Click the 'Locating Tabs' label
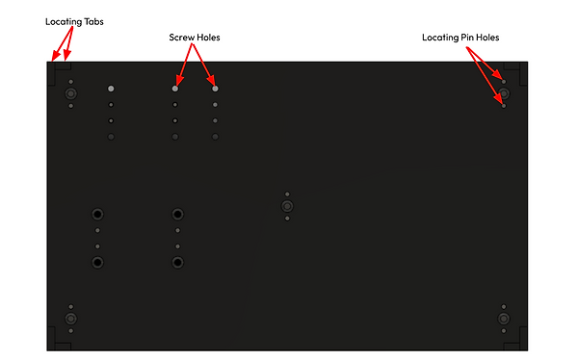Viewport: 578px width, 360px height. coord(74,19)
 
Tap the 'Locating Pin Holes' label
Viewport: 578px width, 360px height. coord(460,38)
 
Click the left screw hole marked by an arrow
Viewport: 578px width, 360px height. coord(175,89)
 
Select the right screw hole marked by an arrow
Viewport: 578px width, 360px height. coord(215,89)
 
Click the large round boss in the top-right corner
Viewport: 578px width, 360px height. coord(504,94)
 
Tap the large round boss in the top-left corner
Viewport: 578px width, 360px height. coord(70,94)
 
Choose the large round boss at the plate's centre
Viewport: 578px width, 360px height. coord(287,206)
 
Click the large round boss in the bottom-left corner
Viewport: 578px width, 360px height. coord(70,319)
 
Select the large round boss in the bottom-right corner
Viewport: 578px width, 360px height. coord(504,319)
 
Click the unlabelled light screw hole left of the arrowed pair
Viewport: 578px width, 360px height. coord(112,89)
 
